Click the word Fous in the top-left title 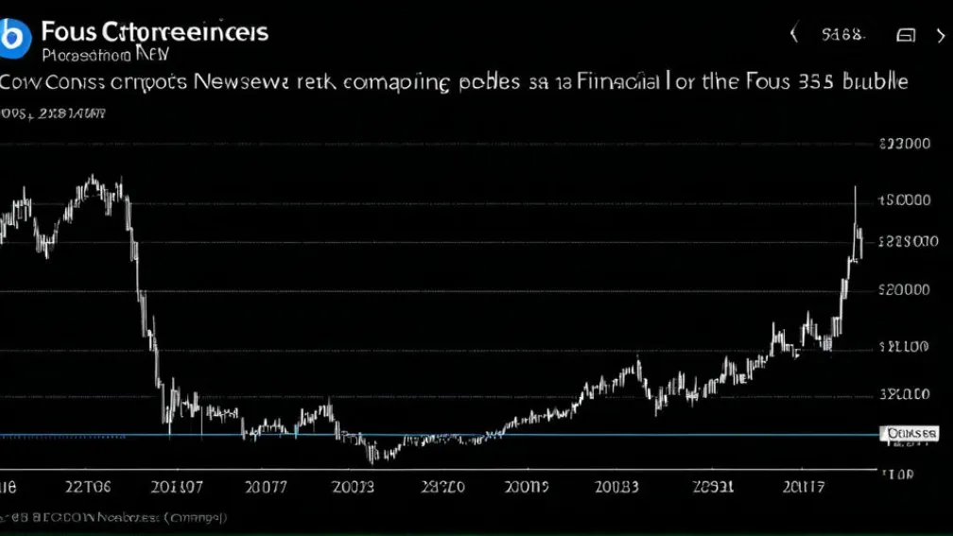[67, 31]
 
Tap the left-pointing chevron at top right [794, 35]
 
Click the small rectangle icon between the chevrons [906, 36]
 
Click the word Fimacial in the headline [606, 81]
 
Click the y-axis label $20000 [904, 291]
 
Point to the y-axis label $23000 [904, 145]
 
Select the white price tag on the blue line [911, 433]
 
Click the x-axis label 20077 [267, 488]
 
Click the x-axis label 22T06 [87, 488]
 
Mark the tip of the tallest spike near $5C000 [855, 187]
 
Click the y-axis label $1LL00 [904, 348]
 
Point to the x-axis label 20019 [526, 488]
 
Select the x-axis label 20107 [177, 488]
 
